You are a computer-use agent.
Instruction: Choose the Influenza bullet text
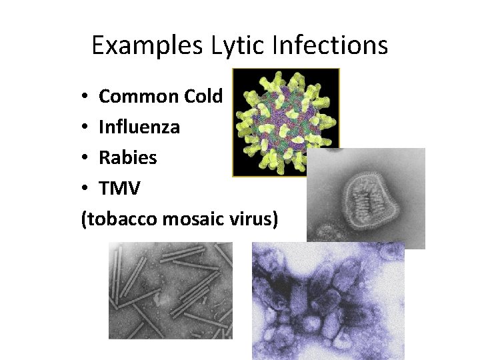[139, 127]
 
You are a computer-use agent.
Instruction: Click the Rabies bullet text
[127, 157]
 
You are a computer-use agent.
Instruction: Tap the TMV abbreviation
[119, 188]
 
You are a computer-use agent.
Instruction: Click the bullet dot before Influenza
[85, 127]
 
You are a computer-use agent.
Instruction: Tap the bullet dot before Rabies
[85, 158]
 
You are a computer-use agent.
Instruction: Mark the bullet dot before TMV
[85, 189]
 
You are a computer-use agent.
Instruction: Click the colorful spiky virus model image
[285, 122]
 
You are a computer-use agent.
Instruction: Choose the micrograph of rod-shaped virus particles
[170, 290]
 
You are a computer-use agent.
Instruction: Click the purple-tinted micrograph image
[328, 300]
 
